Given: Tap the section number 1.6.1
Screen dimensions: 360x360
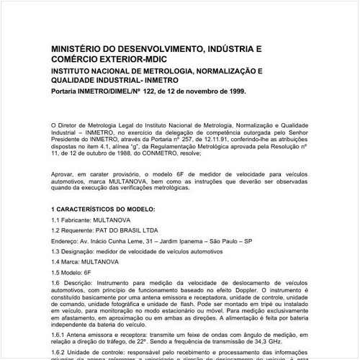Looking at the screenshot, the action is coord(60,334).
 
